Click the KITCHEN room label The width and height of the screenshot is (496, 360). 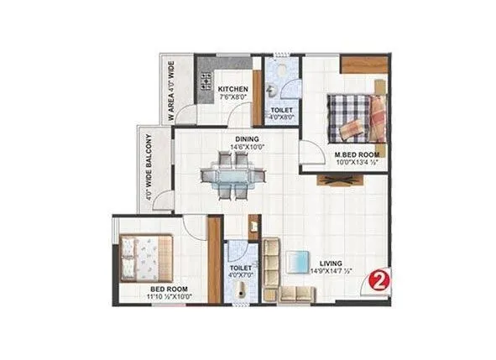tap(232, 88)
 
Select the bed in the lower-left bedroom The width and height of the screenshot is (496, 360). tap(146, 257)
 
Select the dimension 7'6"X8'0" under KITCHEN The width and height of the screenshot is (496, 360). tap(232, 97)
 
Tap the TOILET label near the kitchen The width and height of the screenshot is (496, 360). tap(282, 110)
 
